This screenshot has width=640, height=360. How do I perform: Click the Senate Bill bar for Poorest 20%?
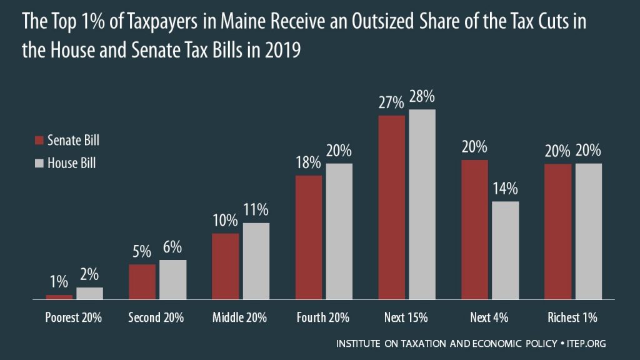pyautogui.click(x=59, y=297)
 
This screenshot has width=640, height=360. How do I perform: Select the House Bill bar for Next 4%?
pyautogui.click(x=506, y=251)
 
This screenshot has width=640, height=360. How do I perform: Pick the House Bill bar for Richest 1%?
pyautogui.click(x=588, y=232)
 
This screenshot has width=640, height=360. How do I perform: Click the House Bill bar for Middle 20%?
pyautogui.click(x=256, y=262)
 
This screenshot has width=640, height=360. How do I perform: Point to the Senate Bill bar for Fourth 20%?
pyautogui.click(x=309, y=238)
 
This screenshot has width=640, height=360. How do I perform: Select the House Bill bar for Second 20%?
pyautogui.click(x=172, y=280)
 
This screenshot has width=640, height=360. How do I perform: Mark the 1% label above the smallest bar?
pyautogui.click(x=59, y=282)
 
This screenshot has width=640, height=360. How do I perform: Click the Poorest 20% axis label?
pyautogui.click(x=74, y=317)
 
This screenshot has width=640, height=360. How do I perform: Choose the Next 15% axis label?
pyautogui.click(x=406, y=317)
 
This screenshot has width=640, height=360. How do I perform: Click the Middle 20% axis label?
pyautogui.click(x=239, y=317)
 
